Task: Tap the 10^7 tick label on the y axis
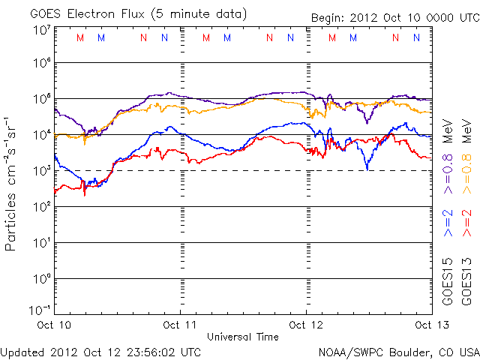[x=42, y=31]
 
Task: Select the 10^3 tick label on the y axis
[x=42, y=172]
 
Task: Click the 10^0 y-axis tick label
[x=42, y=279]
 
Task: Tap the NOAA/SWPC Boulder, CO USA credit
[x=398, y=351]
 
